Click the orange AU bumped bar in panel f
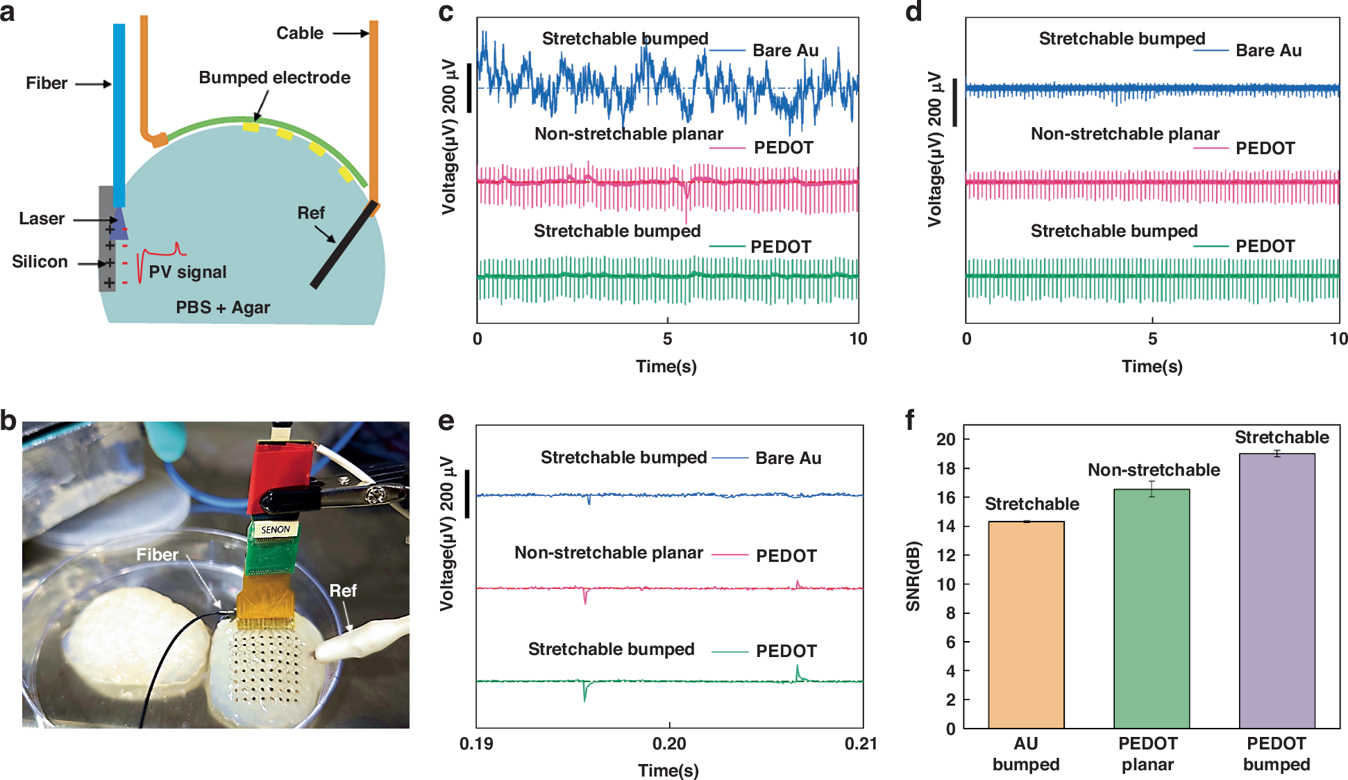(1026, 625)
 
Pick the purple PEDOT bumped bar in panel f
(1277, 590)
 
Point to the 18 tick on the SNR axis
(945, 468)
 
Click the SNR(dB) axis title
(913, 576)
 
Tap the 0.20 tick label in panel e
(668, 744)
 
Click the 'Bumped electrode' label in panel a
(274, 78)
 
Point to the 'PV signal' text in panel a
(187, 272)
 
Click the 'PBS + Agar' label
(223, 307)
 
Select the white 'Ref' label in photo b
(343, 590)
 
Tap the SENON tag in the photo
(276, 529)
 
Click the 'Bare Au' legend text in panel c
(785, 51)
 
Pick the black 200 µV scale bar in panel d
(955, 102)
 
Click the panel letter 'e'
(446, 421)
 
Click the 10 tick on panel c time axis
(858, 339)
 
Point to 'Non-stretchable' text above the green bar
(1153, 470)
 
